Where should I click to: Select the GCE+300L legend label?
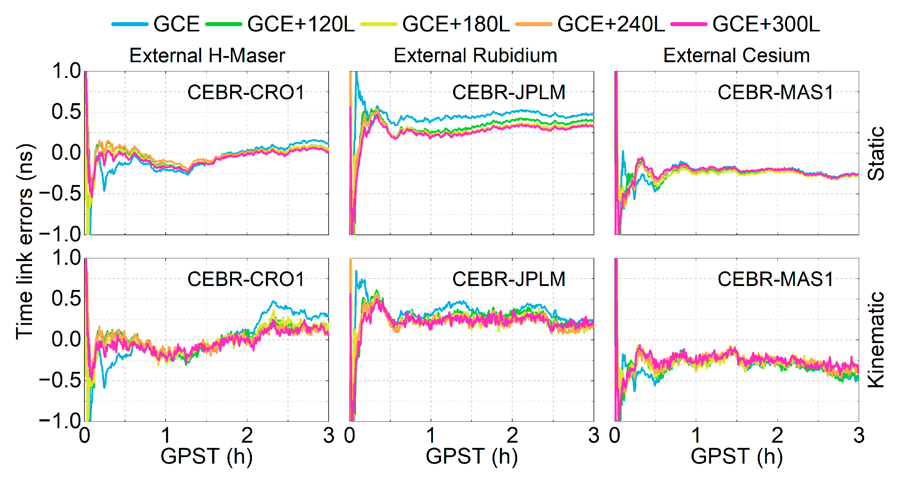(766, 24)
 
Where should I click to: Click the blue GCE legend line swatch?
(130, 24)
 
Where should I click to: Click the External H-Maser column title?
(207, 55)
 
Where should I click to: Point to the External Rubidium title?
(475, 55)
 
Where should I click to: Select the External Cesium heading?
(737, 55)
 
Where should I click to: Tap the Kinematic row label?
(876, 340)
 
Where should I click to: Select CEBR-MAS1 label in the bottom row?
(775, 279)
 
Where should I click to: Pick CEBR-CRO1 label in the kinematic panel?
(246, 279)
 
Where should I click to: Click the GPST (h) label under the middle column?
(472, 456)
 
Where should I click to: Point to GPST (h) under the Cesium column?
(737, 456)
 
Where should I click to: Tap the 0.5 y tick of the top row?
(66, 112)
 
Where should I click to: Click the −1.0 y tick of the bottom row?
(60, 421)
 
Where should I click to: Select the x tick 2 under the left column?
(247, 436)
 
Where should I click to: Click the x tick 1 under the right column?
(696, 436)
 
